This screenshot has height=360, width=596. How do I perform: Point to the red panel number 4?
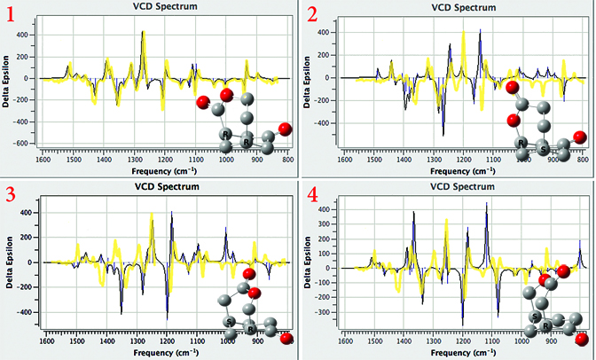pos(312,196)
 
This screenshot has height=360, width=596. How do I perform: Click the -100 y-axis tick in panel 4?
pos(325,283)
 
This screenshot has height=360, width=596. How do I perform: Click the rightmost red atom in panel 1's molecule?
pos(284,129)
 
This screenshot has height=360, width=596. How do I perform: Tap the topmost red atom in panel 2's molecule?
pos(512,87)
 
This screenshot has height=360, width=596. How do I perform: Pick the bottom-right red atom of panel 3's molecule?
pos(286,338)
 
